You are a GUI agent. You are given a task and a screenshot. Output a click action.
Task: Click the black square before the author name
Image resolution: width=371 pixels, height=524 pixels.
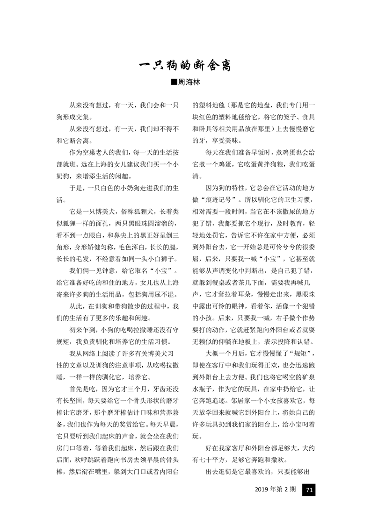[175, 82]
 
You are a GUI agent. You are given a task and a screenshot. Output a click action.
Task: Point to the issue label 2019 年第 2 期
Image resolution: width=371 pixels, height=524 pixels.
[276, 490]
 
